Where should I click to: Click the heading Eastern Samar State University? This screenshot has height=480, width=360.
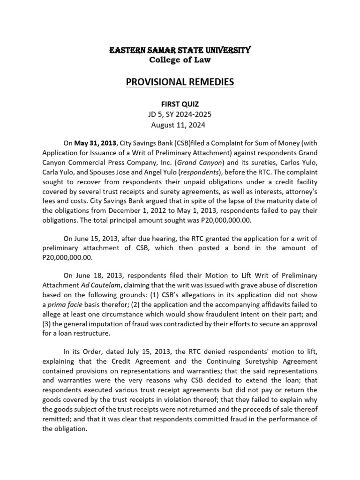(180, 50)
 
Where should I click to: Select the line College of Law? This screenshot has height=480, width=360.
(180, 60)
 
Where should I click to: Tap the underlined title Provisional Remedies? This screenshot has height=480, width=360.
(180, 82)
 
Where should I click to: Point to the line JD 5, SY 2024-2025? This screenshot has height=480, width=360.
(180, 114)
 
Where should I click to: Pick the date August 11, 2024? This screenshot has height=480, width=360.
(180, 125)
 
